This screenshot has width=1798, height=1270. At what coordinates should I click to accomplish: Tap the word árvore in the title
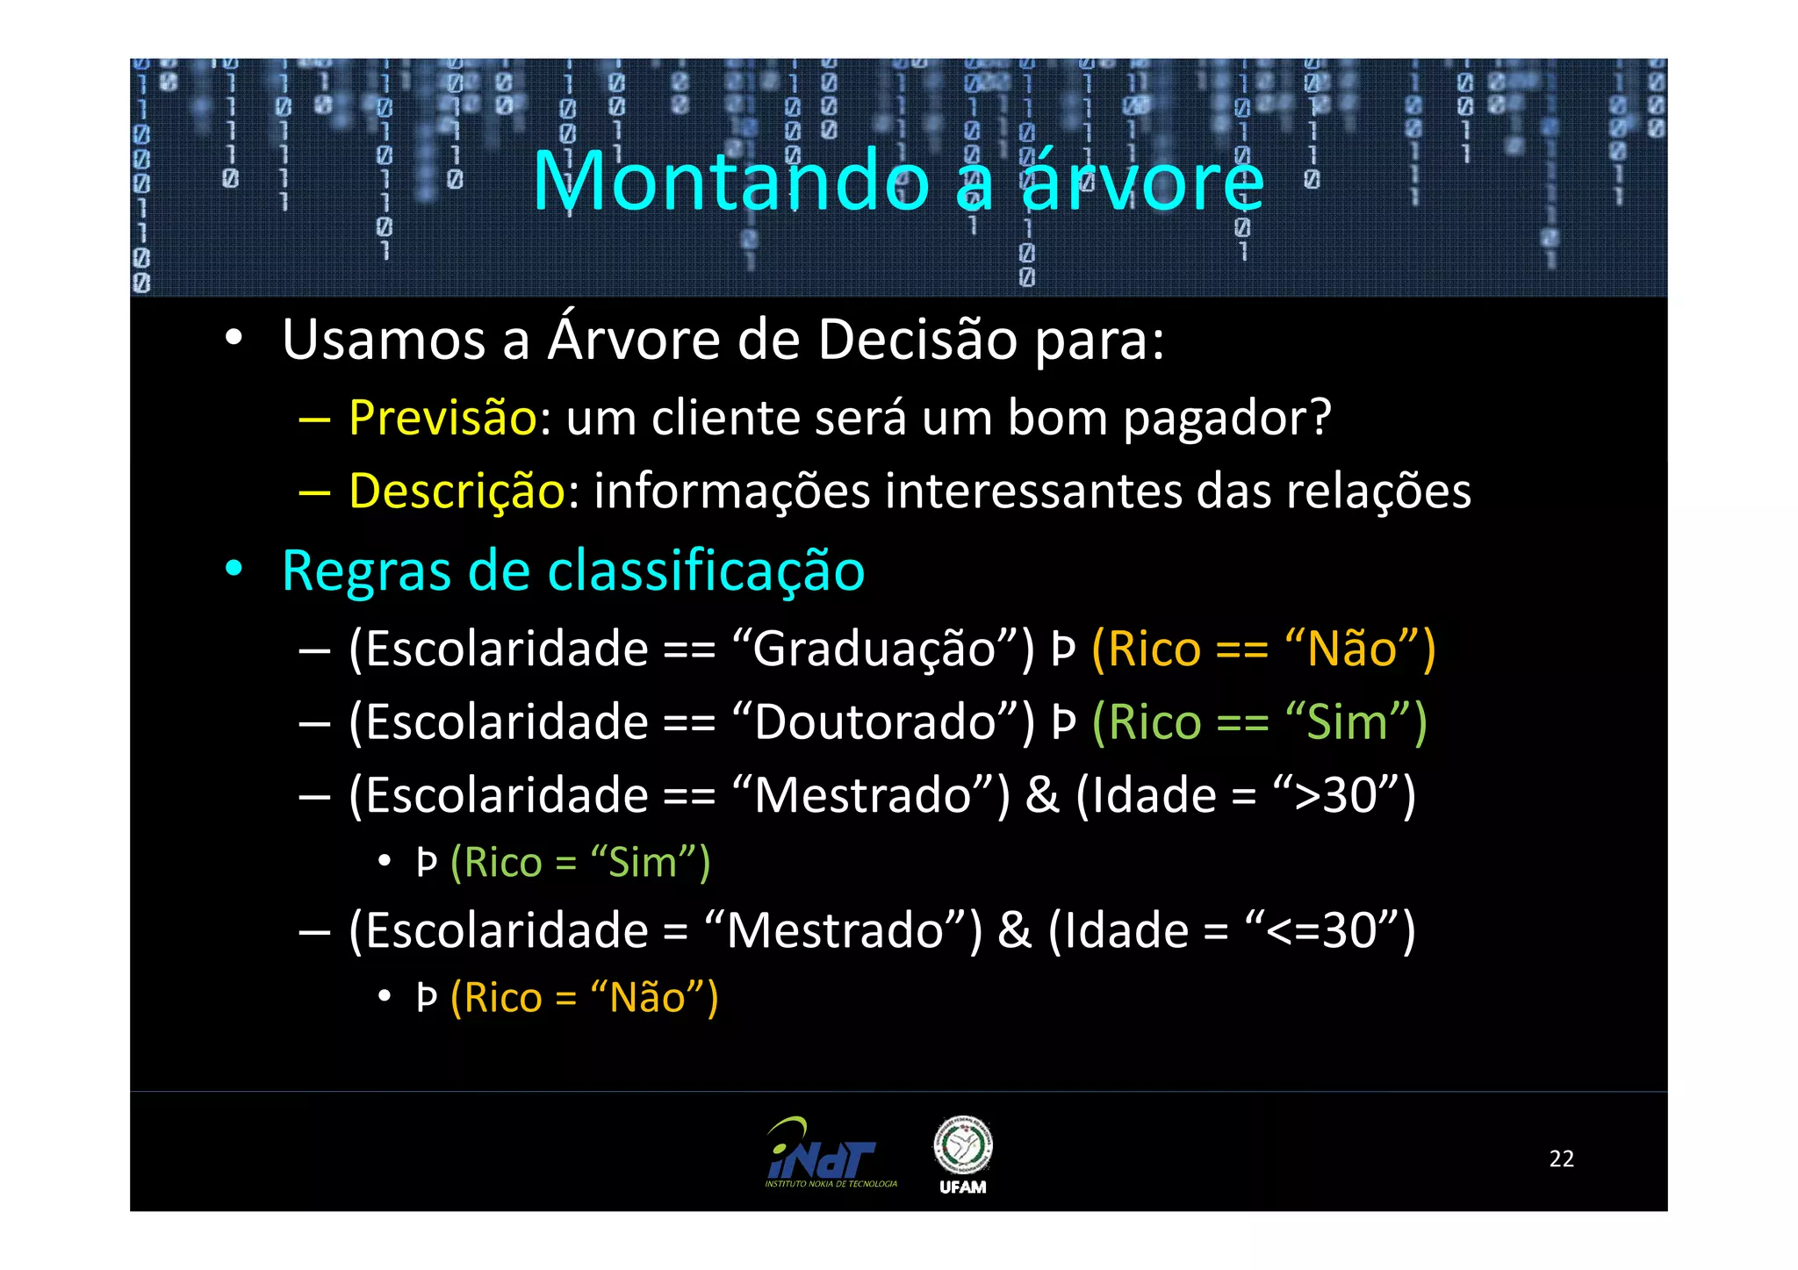1142,181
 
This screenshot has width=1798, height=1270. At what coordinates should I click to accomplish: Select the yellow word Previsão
442,417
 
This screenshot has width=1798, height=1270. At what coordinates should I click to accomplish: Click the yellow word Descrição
457,491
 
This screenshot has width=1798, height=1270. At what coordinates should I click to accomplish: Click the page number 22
1561,1159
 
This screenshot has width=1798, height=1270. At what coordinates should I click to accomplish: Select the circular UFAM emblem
963,1144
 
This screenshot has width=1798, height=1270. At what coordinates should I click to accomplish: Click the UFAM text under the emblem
963,1187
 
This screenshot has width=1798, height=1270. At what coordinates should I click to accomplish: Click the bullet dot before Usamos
233,337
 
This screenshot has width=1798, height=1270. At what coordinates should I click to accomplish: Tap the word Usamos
384,340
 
